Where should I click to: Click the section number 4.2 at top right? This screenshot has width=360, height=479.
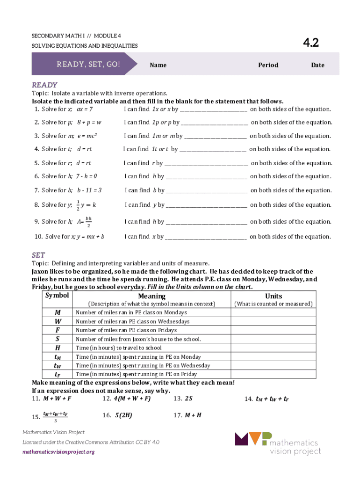coord(310,43)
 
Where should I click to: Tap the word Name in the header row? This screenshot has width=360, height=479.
coord(158,65)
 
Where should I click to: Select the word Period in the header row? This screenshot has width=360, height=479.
coord(268,65)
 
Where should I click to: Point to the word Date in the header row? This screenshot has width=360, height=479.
coord(317,65)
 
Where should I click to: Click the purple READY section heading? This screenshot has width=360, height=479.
coord(44,85)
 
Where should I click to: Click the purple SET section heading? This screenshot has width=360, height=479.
coord(38,255)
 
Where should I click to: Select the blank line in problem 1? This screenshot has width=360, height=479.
coord(213,110)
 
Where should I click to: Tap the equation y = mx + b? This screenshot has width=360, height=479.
coord(91,237)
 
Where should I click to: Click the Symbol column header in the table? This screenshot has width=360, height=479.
coord(57,296)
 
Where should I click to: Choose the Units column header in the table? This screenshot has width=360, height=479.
coord(274,296)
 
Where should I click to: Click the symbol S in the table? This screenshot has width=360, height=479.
coord(57,339)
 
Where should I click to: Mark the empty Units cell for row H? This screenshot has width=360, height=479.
coord(274,348)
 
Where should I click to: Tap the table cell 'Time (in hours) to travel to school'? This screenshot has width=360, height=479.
coord(118,348)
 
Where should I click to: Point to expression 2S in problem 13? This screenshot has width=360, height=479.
coord(189,399)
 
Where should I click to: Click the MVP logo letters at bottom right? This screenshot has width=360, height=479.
coord(252,439)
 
